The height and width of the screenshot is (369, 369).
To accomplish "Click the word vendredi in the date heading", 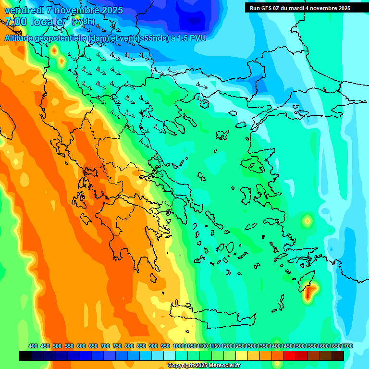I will click(x=24, y=10).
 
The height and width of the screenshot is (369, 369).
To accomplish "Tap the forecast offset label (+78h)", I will click(x=83, y=22).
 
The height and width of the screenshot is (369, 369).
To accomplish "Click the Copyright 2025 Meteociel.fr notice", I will click(x=204, y=365).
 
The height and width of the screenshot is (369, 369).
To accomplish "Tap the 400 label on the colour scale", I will click(x=33, y=346).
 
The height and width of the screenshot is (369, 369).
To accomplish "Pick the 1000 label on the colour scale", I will click(x=178, y=346).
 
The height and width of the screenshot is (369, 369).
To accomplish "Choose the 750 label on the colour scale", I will click(x=117, y=346).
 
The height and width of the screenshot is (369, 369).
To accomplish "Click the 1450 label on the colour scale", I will click(x=287, y=346).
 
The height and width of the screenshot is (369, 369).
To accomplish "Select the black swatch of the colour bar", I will click(x=25, y=356).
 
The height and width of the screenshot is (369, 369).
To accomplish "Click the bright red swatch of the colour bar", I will click(x=290, y=356).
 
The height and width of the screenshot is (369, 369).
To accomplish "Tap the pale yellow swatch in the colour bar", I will click(x=242, y=356).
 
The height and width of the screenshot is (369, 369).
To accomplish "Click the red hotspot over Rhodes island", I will click(x=308, y=292).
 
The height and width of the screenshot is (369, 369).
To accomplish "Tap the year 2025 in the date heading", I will click(x=111, y=10).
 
